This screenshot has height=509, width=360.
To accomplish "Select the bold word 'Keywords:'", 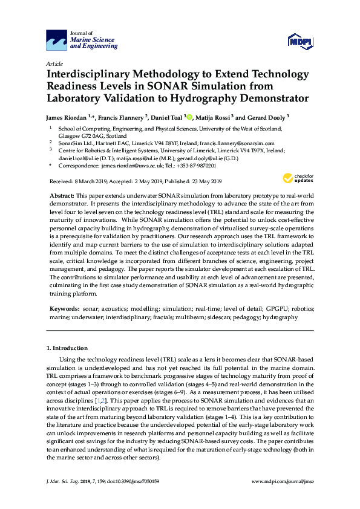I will coord(64,308).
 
